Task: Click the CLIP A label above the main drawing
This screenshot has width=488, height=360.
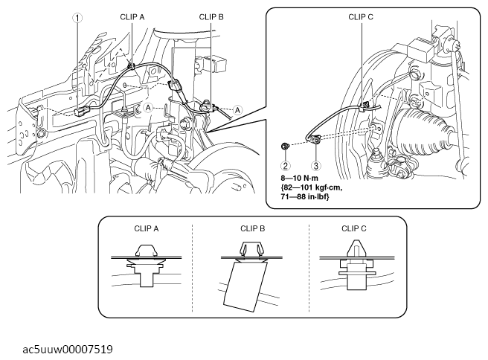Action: click(132, 15)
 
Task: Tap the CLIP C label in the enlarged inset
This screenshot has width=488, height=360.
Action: click(362, 15)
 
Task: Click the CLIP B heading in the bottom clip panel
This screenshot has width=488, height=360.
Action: click(254, 228)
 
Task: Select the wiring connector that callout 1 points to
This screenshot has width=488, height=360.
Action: click(83, 112)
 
